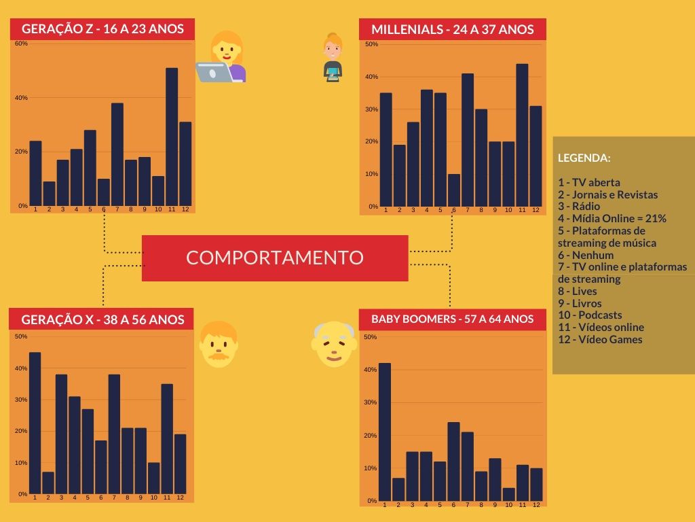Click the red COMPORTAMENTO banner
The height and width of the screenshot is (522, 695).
[x=275, y=258]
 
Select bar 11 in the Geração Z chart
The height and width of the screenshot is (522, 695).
[x=172, y=137]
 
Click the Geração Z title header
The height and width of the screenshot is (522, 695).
[x=102, y=29]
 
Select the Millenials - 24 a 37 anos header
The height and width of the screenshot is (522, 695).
[x=452, y=29]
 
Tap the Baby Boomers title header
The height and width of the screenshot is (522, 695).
[x=452, y=319]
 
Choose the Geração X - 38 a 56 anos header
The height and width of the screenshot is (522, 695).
[x=102, y=319]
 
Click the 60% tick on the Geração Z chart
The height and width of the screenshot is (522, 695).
[x=21, y=43]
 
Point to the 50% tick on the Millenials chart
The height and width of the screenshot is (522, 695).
[x=371, y=44]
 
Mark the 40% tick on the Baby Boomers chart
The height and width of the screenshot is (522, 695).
[x=371, y=370]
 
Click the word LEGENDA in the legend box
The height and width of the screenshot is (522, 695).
[x=584, y=158]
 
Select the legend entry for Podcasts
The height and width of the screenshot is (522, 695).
[x=590, y=315]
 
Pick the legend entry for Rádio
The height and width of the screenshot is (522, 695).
[x=580, y=207]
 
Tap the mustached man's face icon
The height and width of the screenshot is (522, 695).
[x=219, y=344]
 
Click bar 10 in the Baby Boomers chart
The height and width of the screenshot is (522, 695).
[x=509, y=494]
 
